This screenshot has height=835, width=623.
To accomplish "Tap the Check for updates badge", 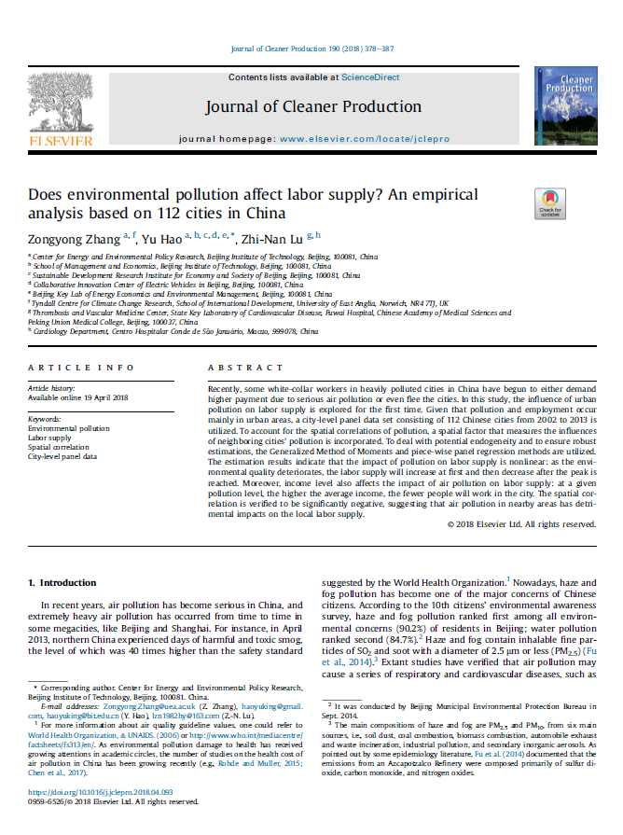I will [x=549, y=203].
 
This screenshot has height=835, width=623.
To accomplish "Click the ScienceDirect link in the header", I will [x=369, y=77].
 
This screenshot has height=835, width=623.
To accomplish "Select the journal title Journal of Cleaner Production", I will [x=313, y=107].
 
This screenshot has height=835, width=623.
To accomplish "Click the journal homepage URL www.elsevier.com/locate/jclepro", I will [x=365, y=138].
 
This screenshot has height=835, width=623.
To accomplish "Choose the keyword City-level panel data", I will [x=62, y=456].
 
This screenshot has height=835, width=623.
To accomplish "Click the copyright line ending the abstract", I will [x=521, y=524].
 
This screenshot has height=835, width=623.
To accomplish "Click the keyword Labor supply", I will [x=49, y=438].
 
